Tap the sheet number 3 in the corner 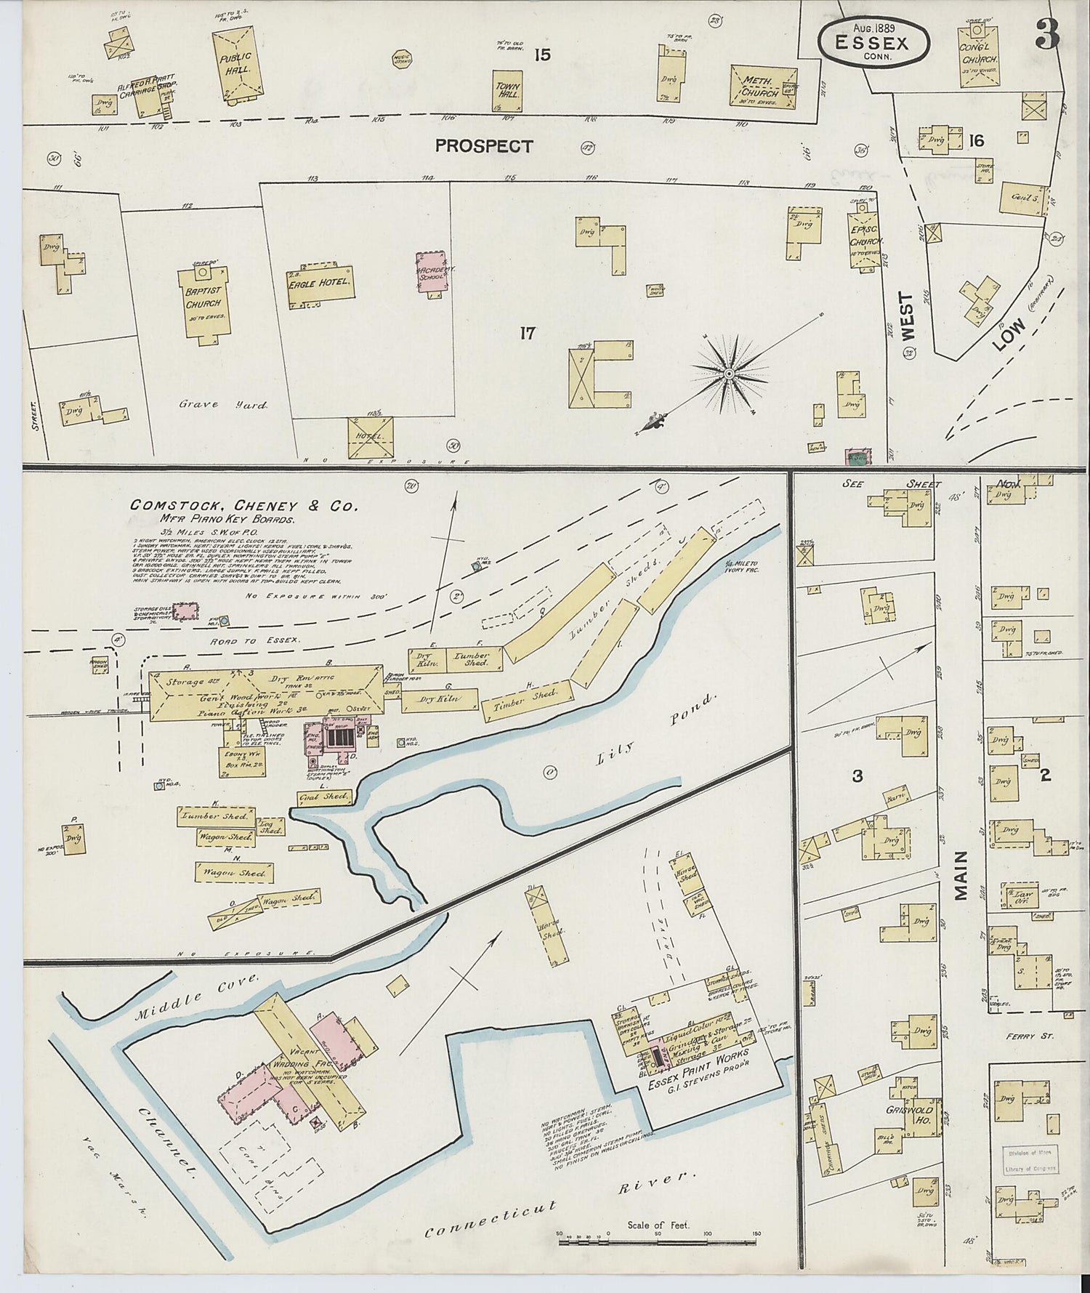(1046, 32)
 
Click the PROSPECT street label (483, 146)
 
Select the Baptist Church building (205, 302)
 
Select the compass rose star (727, 373)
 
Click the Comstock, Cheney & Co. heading (243, 505)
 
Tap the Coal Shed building (324, 797)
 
